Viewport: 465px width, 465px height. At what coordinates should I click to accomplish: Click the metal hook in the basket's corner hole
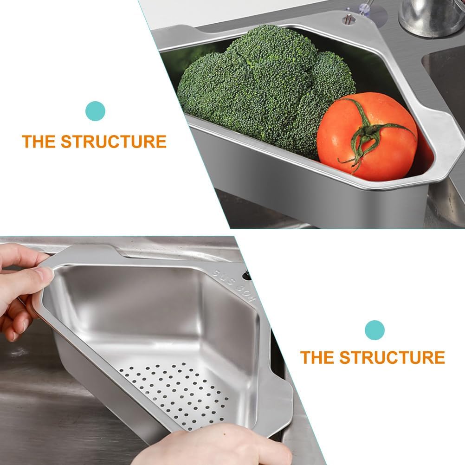(x=346, y=19)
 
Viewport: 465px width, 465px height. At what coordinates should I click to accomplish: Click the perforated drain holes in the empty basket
(x=176, y=390)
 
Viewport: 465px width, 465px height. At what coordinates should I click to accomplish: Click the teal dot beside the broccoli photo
(x=96, y=111)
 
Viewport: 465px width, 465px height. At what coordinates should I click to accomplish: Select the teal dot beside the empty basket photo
(x=375, y=329)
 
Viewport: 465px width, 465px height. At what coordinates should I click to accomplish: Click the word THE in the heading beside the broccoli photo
(x=39, y=142)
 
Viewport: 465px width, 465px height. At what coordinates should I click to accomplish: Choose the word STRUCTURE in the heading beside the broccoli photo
(x=113, y=142)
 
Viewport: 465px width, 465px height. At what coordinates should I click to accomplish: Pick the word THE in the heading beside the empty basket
(x=317, y=358)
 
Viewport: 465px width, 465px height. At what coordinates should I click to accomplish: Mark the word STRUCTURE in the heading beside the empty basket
(x=392, y=358)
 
